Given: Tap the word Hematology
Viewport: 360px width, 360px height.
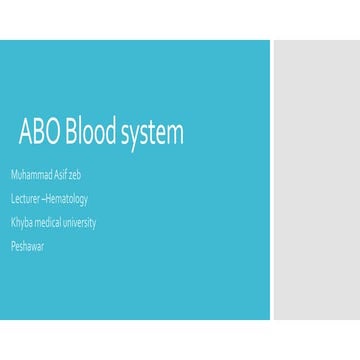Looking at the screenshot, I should pos(67,199).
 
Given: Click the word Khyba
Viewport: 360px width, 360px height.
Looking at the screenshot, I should pos(22,222).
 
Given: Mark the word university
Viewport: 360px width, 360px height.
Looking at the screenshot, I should pos(81,222).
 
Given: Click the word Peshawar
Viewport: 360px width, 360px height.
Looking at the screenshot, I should pos(28,246).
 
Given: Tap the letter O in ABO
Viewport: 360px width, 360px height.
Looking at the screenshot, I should pos(52,133).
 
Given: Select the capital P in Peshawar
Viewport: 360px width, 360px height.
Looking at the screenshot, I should pos(13,246).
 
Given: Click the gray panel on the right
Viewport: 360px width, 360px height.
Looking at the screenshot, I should pos(316,180).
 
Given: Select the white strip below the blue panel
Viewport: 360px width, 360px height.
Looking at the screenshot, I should pos(180,340).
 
